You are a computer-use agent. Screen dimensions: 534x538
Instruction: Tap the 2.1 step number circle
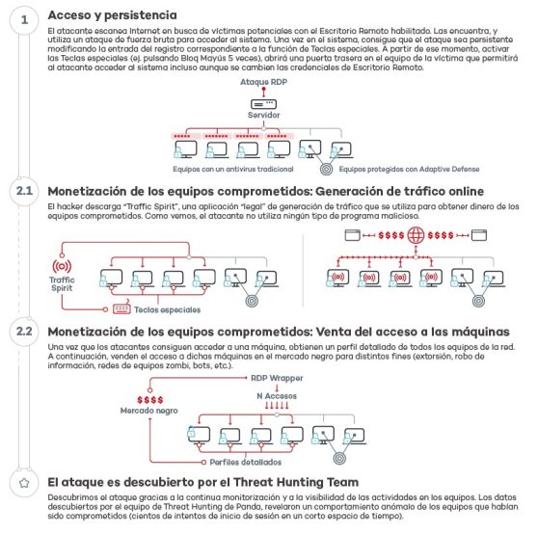pos(24,193)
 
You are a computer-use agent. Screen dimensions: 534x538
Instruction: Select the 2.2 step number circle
pos(24,333)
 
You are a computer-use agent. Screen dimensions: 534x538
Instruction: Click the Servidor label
pos(263,115)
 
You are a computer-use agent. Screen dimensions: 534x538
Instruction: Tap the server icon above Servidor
pos(263,102)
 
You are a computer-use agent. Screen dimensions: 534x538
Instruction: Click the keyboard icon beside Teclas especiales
pos(121,309)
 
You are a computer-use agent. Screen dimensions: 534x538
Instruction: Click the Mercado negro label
pos(148,411)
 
